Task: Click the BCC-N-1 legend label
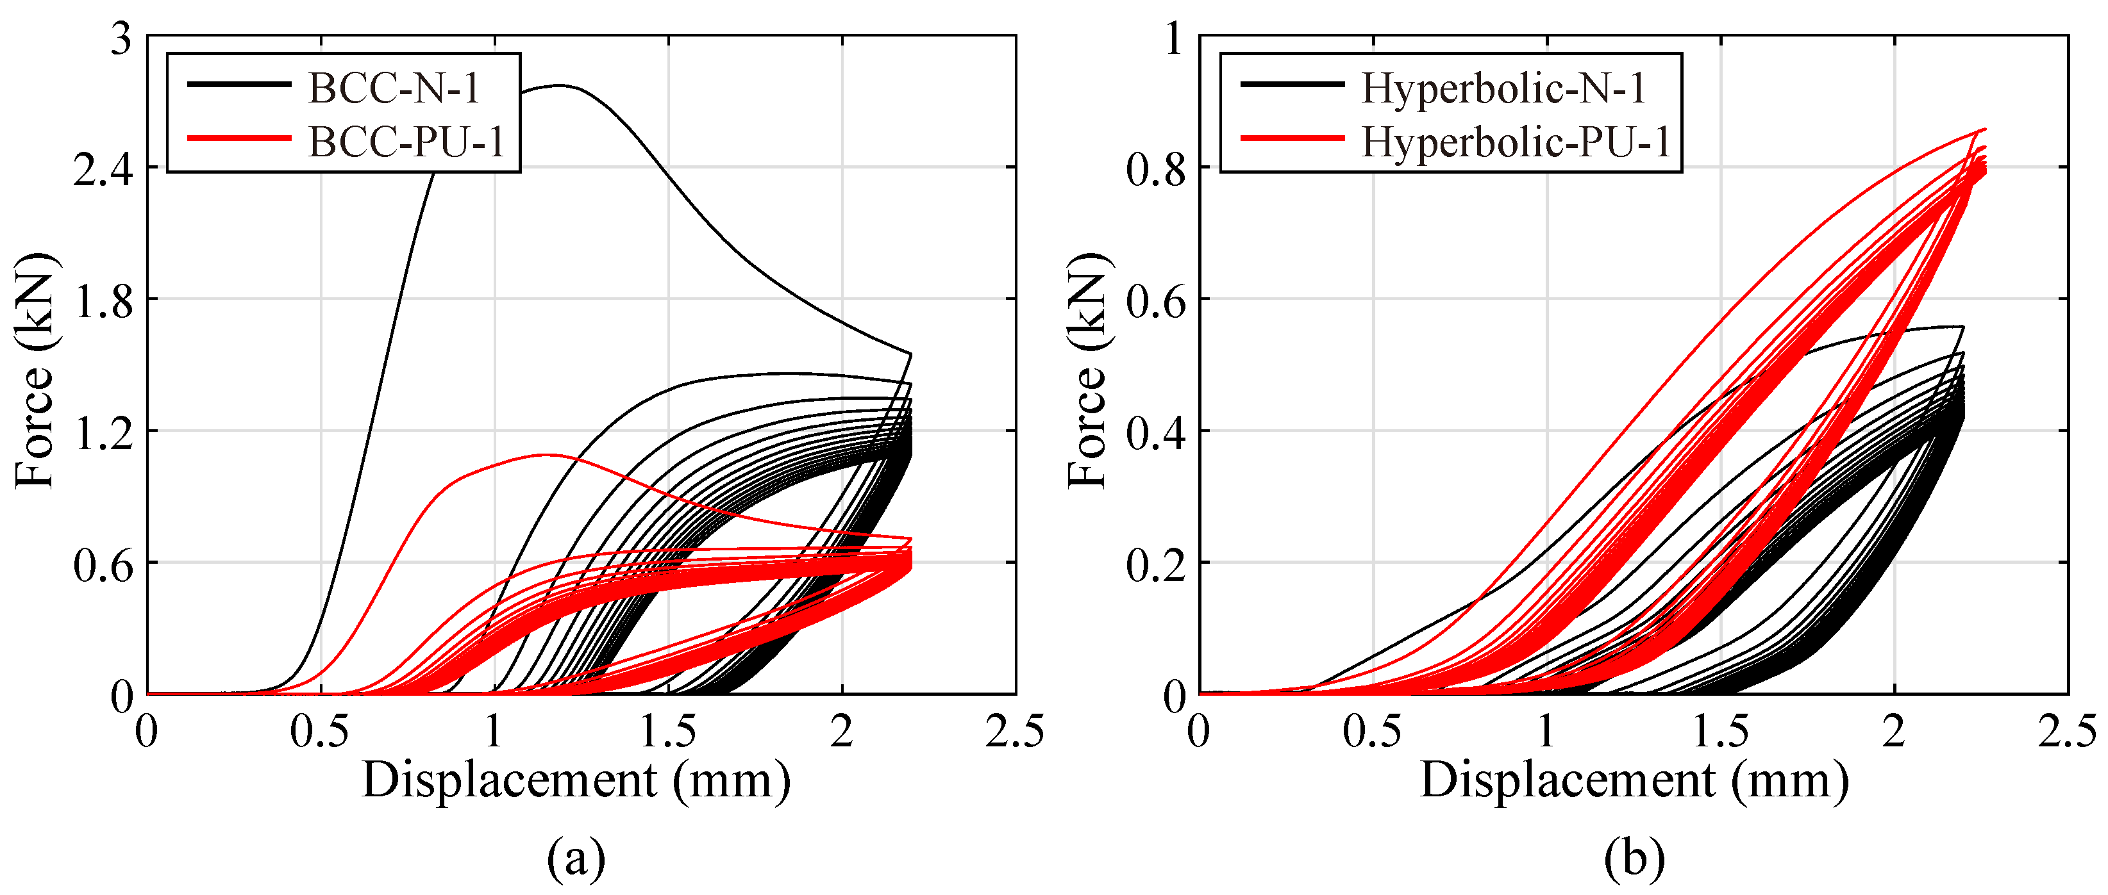pyautogui.click(x=394, y=88)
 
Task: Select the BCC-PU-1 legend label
pyautogui.click(x=406, y=142)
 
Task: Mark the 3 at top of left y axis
pyautogui.click(x=121, y=38)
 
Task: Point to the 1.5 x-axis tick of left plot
pyautogui.click(x=668, y=730)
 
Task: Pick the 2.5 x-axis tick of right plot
pyautogui.click(x=2067, y=730)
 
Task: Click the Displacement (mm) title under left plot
pyautogui.click(x=576, y=780)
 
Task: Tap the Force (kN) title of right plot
pyautogui.click(x=1089, y=370)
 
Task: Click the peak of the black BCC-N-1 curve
pyautogui.click(x=559, y=85)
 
